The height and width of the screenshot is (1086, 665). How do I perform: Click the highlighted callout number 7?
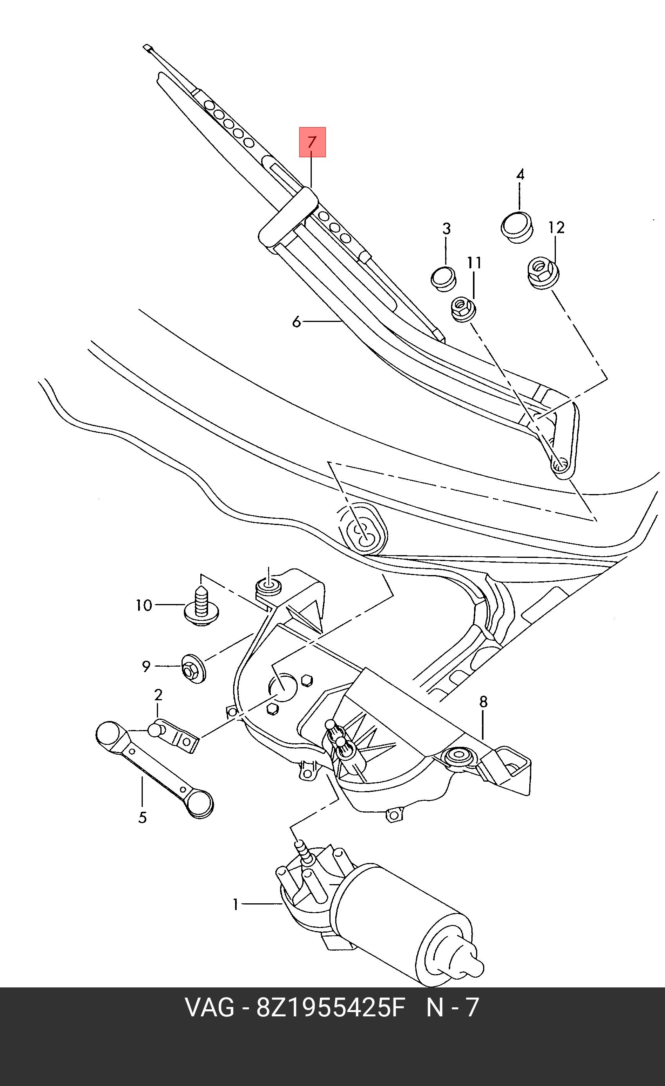click(312, 142)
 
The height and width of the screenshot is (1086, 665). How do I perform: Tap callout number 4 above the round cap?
click(520, 174)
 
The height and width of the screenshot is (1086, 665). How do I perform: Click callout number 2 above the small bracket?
click(158, 695)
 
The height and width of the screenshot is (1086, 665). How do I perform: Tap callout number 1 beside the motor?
click(236, 905)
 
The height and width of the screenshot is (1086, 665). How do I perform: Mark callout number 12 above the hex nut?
click(557, 227)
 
